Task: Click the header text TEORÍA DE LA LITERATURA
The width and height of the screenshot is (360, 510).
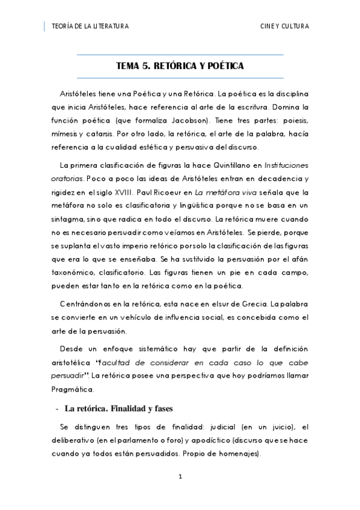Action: point(90,26)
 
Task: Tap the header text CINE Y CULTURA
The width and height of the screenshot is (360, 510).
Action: point(284,26)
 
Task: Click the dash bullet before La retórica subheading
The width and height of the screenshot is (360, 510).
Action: point(56,409)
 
